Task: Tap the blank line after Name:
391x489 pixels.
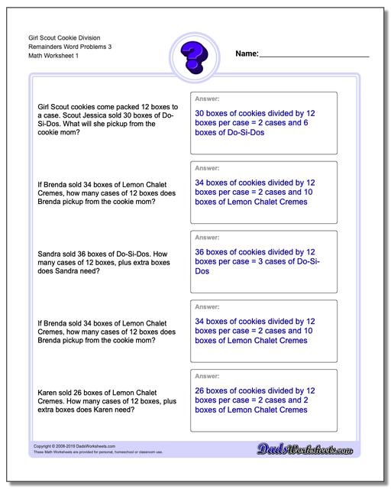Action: pos(314,56)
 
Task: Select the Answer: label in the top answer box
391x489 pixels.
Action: pos(208,99)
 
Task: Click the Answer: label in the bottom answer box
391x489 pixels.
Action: pos(208,375)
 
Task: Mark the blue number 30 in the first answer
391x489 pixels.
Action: pos(201,112)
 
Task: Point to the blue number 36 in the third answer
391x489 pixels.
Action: pos(201,251)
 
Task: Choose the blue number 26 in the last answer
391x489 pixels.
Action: pos(201,389)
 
